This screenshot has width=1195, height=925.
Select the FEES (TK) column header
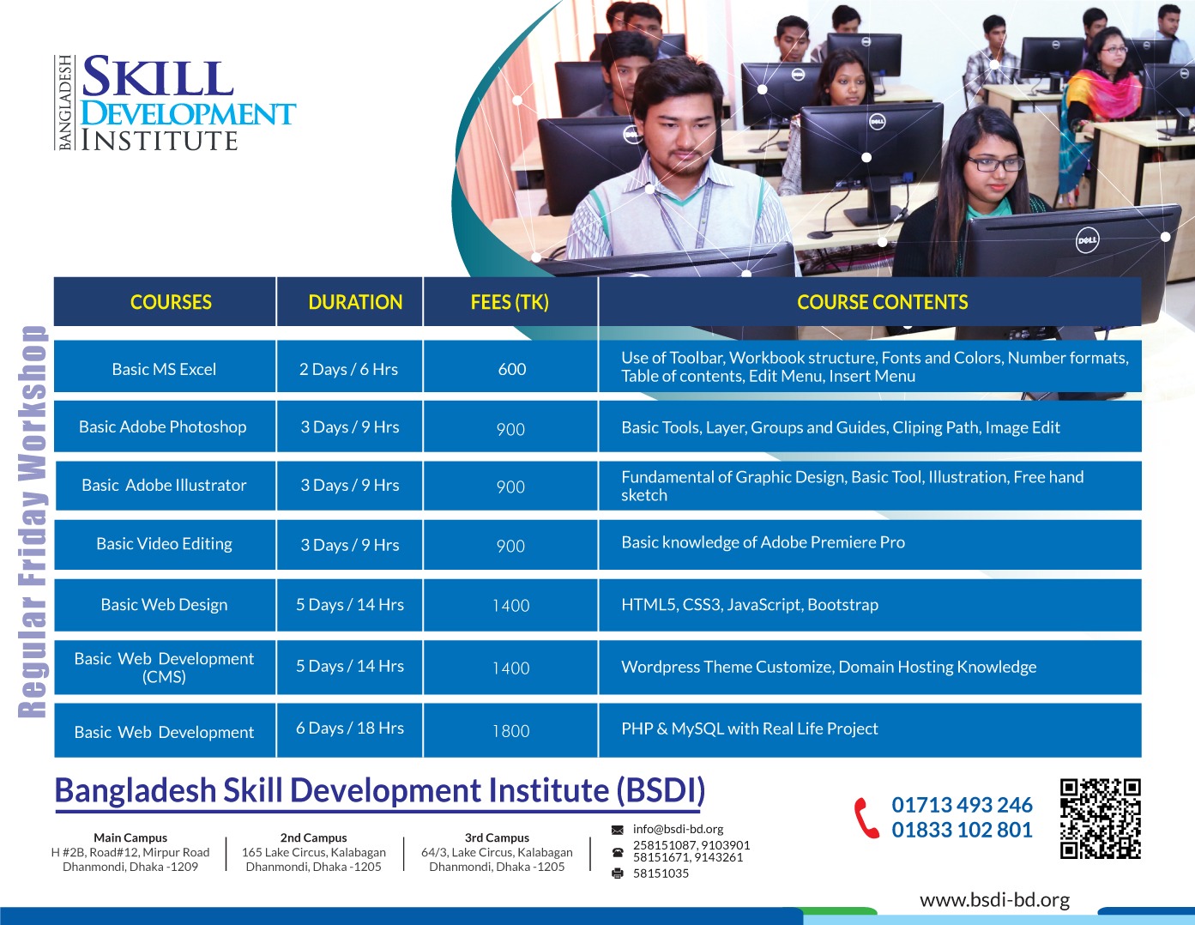(510, 302)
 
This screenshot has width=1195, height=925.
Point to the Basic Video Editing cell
(164, 544)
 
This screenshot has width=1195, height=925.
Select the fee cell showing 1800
(511, 730)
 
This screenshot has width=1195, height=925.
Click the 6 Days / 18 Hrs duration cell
(350, 729)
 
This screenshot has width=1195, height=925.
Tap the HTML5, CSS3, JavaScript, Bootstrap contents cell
(870, 605)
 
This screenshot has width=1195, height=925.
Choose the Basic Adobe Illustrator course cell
(164, 485)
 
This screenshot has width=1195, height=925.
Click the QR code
(1101, 819)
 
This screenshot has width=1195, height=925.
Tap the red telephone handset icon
(866, 818)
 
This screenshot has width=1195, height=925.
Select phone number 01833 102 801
(962, 830)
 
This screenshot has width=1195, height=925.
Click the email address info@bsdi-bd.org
(678, 829)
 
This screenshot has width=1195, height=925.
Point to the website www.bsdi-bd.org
(995, 900)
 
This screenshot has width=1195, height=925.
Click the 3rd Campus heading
(498, 837)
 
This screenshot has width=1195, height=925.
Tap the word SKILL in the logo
(159, 77)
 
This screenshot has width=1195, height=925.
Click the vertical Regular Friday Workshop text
(32, 522)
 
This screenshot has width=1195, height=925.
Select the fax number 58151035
(661, 874)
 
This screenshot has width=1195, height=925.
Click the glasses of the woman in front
(995, 163)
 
